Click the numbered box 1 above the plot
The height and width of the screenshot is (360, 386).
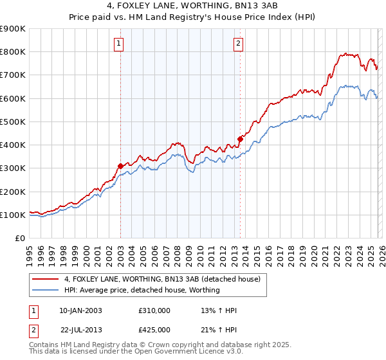pyautogui.click(x=120, y=44)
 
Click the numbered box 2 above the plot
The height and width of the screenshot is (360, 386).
pyautogui.click(x=239, y=44)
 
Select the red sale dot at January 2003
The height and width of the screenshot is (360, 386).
pyautogui.click(x=120, y=166)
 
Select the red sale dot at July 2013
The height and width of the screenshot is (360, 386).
pyautogui.click(x=240, y=139)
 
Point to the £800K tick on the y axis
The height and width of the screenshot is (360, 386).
pyautogui.click(x=13, y=52)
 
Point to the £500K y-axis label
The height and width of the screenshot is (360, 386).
pyautogui.click(x=13, y=122)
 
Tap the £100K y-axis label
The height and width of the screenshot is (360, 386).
pyautogui.click(x=13, y=215)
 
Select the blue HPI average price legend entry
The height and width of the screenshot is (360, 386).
pyautogui.click(x=142, y=290)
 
